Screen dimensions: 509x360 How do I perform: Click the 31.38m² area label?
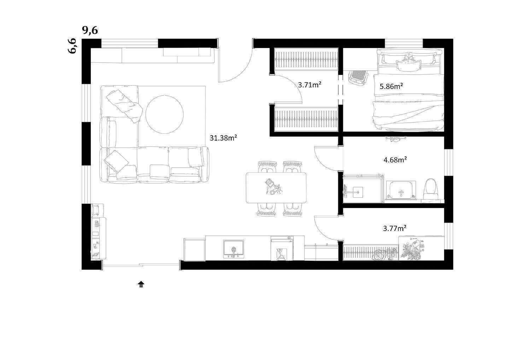click(x=223, y=138)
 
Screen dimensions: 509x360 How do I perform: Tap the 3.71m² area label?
click(x=310, y=85)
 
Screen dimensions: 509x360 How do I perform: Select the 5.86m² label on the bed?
click(x=392, y=86)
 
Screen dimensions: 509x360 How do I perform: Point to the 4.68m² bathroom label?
click(x=395, y=160)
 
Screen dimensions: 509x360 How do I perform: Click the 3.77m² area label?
click(x=395, y=228)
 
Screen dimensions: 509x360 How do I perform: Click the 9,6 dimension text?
click(x=90, y=30)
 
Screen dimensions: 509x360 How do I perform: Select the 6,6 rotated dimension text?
click(x=72, y=46)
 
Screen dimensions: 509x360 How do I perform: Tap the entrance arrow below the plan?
click(x=141, y=284)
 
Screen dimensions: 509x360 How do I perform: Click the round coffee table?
click(x=164, y=115)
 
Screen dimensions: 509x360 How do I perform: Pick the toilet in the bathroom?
click(x=430, y=188)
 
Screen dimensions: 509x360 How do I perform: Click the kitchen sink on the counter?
click(x=233, y=249)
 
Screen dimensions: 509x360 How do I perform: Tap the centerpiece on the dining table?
click(x=274, y=187)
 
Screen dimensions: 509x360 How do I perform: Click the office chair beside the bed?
click(x=358, y=77)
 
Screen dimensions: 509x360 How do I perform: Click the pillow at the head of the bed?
click(x=408, y=65)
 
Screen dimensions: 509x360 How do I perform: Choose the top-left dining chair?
click(x=268, y=167)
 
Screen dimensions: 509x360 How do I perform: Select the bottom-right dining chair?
click(x=293, y=209)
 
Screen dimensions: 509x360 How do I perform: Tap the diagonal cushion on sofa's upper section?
click(x=124, y=106)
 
